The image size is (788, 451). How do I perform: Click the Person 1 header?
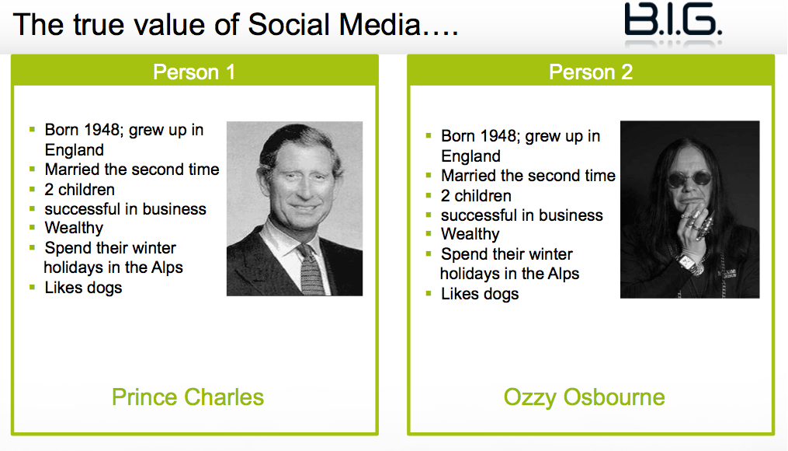tap(194, 72)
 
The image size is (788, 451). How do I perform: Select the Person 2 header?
tap(591, 72)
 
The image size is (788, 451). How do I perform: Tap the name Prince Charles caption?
tap(187, 397)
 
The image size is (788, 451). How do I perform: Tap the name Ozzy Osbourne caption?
tap(584, 397)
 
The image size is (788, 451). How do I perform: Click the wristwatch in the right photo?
tap(689, 264)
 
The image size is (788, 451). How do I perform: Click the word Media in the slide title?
tap(380, 25)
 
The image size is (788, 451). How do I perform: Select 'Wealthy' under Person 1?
tap(74, 228)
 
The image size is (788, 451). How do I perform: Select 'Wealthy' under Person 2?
tap(470, 234)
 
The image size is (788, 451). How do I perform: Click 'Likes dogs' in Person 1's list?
tap(83, 288)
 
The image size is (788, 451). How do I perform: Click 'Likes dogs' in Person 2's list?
tap(480, 293)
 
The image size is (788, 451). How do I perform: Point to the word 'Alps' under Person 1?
tap(168, 267)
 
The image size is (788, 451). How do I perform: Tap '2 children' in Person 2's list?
tap(476, 196)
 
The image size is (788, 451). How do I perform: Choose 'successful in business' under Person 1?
tap(125, 209)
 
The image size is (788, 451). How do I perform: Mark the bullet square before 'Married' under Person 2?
tap(429, 176)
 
